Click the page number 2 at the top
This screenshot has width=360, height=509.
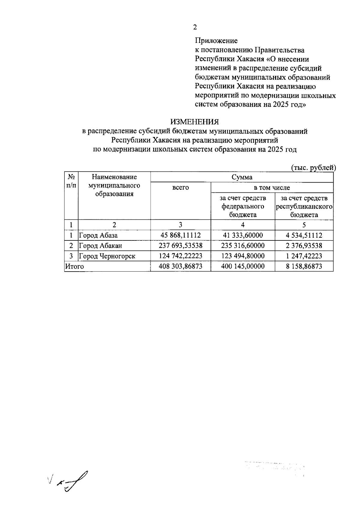(195, 27)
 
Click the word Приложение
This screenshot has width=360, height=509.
(216, 40)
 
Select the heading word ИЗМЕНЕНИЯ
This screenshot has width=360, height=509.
(195, 122)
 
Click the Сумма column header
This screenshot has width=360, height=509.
(242, 177)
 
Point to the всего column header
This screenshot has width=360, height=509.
(181, 188)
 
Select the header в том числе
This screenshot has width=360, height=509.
(272, 188)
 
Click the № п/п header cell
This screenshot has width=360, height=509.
(71, 181)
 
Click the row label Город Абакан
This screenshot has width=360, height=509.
(100, 246)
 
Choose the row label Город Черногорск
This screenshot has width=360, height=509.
(107, 256)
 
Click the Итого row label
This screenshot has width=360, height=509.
(75, 266)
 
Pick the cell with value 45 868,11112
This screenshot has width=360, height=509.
(181, 235)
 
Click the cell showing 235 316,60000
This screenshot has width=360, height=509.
(243, 246)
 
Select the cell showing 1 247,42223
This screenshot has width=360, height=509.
(304, 256)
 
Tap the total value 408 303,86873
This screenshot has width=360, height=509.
(181, 266)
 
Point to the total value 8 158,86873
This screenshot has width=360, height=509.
(304, 266)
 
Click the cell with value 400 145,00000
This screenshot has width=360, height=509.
(243, 266)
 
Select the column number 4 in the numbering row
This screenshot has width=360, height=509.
(243, 225)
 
